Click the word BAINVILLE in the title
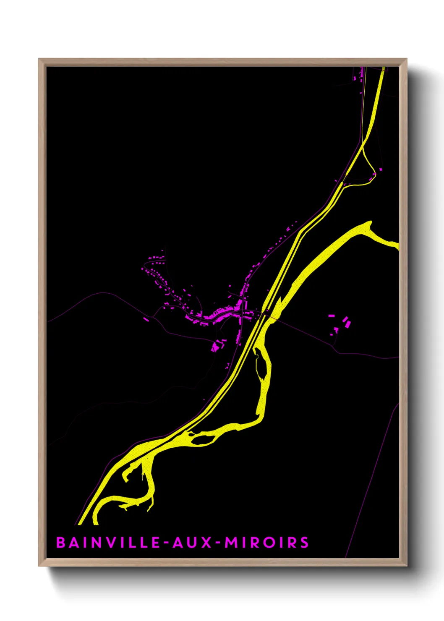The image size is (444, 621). [108, 543]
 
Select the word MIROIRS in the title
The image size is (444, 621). [267, 543]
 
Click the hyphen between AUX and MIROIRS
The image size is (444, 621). [218, 543]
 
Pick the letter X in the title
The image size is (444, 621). [206, 543]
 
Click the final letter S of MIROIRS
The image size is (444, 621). [304, 543]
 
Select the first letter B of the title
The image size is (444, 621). [61, 543]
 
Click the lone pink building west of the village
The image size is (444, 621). [146, 319]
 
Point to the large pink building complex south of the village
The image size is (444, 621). [217, 346]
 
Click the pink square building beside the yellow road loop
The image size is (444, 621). [381, 169]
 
